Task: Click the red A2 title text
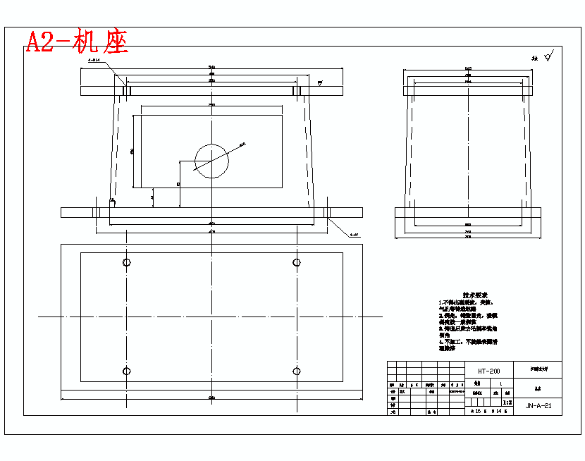coord(77,42)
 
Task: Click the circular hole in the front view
coord(211,161)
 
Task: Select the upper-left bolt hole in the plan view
coord(127,263)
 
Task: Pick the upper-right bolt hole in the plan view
coord(297,263)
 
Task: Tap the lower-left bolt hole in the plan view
coord(127,371)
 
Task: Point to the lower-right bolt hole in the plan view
coord(297,371)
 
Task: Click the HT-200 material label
coord(488,371)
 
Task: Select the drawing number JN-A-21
coord(538,406)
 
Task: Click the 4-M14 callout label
coord(95,61)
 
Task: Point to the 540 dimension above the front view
coord(211,67)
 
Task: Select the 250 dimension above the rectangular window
coord(211,104)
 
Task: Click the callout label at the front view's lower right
coord(354,234)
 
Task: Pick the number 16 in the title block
coord(478,410)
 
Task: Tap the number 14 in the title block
coord(498,410)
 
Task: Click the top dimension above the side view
coord(468,68)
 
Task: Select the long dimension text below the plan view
coord(211,399)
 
